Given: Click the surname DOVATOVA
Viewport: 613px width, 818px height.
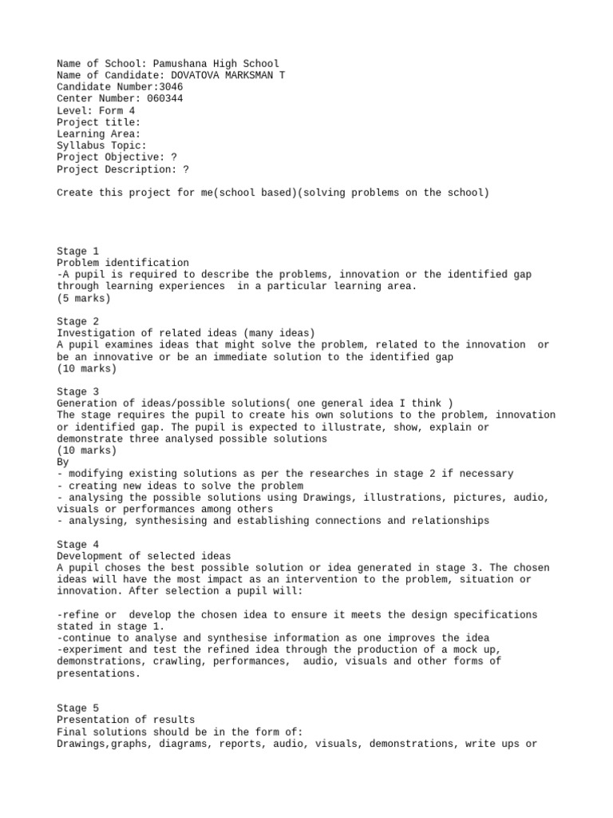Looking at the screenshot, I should [x=198, y=75].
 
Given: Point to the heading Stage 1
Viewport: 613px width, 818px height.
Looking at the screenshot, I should [x=77, y=251].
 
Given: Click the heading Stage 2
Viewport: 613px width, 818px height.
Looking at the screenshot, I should [x=77, y=321].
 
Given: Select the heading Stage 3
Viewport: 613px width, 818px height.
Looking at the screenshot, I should [x=77, y=391].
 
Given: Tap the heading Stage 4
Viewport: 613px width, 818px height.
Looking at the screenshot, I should [x=77, y=544].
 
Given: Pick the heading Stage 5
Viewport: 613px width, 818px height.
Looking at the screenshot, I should [x=77, y=708].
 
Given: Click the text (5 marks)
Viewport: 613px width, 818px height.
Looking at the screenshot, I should [x=84, y=298].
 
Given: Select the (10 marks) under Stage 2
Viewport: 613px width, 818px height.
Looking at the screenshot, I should [x=86, y=368].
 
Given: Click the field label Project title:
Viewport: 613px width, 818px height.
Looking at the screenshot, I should [x=98, y=122].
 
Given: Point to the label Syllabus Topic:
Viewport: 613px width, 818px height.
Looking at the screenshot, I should [x=101, y=145].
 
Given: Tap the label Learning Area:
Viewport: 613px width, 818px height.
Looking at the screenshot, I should [x=98, y=134].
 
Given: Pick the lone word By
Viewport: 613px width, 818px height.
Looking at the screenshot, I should [x=63, y=462].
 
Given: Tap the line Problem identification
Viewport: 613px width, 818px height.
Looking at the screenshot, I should [x=123, y=263].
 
